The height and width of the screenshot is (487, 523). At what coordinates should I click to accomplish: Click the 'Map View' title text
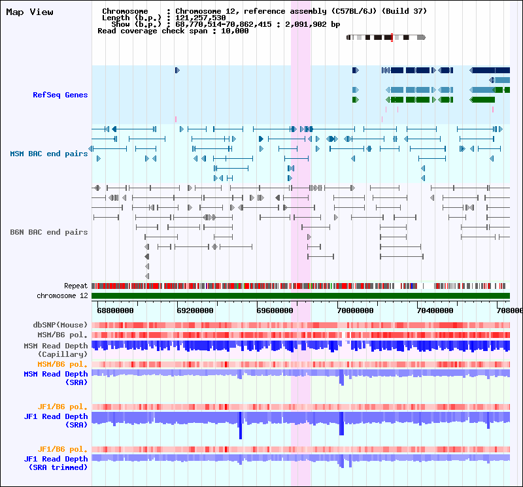(x=29, y=12)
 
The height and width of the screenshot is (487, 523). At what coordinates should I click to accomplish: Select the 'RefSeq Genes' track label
(x=60, y=95)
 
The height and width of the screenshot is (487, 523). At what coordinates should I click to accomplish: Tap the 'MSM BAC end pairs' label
(x=48, y=154)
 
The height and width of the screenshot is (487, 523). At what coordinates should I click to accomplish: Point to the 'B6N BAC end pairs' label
(x=48, y=232)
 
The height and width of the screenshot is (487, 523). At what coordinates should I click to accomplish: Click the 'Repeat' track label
(x=76, y=286)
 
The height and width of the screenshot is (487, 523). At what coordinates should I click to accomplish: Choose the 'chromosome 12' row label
(x=62, y=295)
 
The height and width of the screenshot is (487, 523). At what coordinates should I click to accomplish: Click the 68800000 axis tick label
(x=115, y=311)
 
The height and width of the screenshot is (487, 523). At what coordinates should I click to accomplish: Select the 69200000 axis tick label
(x=195, y=311)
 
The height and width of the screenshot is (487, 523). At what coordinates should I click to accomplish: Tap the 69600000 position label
(x=275, y=311)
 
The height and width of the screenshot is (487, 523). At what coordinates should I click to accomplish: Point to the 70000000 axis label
(x=355, y=311)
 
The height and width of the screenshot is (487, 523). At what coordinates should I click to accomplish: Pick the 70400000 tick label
(x=435, y=311)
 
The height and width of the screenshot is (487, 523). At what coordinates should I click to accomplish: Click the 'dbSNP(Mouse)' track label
(x=60, y=325)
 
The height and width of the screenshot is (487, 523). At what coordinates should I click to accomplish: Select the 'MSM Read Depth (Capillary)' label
(x=56, y=350)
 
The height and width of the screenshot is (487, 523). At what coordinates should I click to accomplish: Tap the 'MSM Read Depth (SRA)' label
(x=56, y=378)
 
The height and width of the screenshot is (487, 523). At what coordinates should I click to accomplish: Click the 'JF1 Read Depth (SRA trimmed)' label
(x=56, y=463)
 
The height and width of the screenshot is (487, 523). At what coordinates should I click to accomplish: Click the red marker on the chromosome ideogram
(x=392, y=37)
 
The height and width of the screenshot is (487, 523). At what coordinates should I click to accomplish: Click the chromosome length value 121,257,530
(x=201, y=18)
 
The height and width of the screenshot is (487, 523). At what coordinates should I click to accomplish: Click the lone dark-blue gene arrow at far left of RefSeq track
(x=177, y=70)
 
